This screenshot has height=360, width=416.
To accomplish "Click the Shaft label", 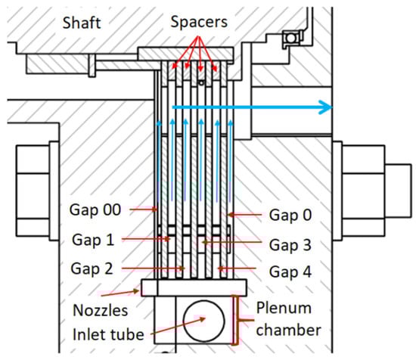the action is tap(82, 23).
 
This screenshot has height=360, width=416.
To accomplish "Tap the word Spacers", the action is tap(199, 22).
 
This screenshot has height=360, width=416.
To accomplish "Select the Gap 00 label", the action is tap(95, 209).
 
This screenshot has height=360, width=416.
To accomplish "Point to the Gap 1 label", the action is tap(93, 240).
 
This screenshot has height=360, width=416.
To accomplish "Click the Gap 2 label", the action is tap(92, 268).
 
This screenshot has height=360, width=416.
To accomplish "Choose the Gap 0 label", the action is tap(290, 215).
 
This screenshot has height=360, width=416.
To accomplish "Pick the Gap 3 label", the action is tap(290, 245).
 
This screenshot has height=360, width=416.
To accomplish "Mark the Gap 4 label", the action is tap(290, 272).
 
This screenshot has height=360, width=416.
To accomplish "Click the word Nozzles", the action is tap(101, 310).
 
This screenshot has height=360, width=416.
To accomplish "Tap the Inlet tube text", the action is tap(108, 334).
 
